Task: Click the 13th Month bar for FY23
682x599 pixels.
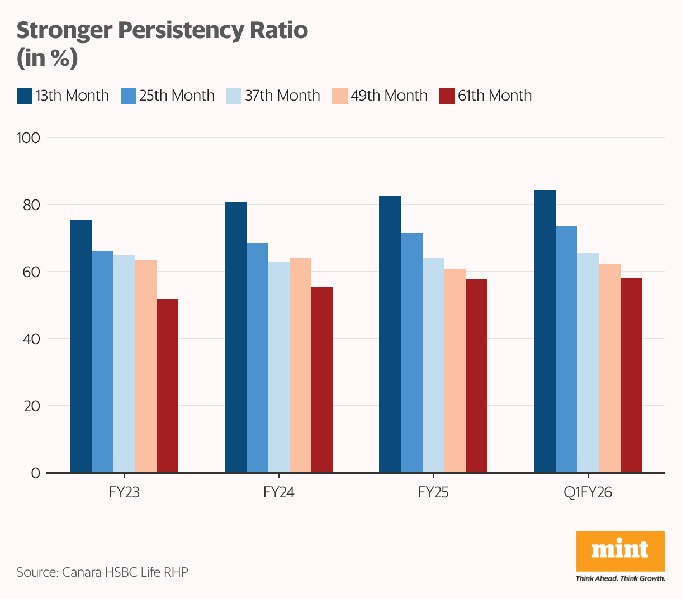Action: pos(80,346)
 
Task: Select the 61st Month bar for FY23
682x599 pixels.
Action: pos(167,386)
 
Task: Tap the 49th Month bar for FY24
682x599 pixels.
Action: pos(300,365)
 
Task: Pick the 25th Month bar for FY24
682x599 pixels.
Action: pos(257,358)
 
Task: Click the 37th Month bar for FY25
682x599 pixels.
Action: pos(433,365)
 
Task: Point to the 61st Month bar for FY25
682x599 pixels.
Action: pos(476,376)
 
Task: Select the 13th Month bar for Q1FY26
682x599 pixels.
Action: pos(544,331)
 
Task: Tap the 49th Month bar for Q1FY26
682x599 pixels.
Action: pos(609,369)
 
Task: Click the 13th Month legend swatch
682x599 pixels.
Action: pos(25,96)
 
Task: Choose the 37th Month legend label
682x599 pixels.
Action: pos(282,96)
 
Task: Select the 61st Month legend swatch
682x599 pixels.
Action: pos(447,96)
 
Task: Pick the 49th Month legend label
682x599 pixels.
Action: pos(389,96)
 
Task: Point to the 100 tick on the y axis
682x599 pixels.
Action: pos(29,138)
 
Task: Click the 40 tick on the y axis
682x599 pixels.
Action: pos(32,339)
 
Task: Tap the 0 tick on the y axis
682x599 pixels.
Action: pos(36,473)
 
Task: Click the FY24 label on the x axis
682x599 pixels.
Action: pos(278,493)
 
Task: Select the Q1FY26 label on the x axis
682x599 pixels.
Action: pos(588,493)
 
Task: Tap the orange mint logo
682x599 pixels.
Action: pos(620,551)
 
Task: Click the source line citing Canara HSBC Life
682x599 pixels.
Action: pos(102,572)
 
